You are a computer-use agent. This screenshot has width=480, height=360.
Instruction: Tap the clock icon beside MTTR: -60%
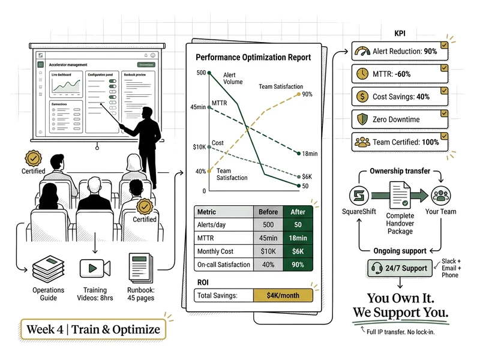point(362,74)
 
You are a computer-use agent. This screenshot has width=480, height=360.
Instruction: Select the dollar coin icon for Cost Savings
point(362,96)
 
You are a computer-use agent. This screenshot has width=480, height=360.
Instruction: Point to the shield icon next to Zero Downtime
point(362,119)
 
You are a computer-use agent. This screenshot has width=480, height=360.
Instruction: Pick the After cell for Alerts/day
point(298,225)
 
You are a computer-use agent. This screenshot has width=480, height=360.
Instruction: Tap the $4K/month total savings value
point(283,295)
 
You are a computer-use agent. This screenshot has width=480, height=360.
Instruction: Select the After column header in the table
point(298,212)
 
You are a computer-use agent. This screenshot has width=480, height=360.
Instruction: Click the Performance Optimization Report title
point(253,58)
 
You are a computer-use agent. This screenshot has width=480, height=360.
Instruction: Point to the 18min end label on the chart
point(310,154)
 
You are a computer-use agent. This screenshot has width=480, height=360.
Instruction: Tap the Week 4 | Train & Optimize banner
point(93,329)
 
